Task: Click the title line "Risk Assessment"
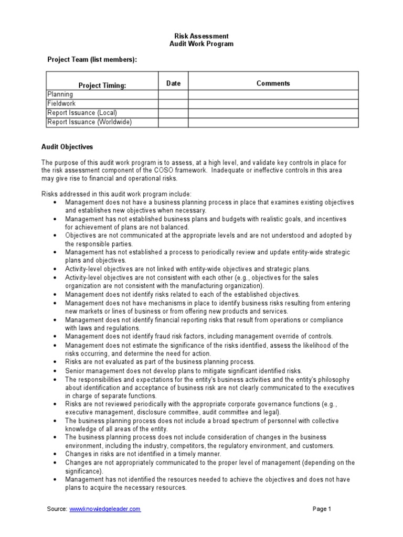(x=201, y=36)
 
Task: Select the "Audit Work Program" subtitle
(x=201, y=44)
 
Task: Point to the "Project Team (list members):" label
(x=92, y=60)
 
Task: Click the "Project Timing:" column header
(x=102, y=85)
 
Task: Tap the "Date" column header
(x=173, y=83)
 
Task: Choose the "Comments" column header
(x=273, y=83)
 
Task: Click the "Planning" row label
(x=60, y=94)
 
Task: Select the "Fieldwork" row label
(x=61, y=104)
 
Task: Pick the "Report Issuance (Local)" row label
(x=82, y=113)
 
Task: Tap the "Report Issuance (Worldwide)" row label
(x=89, y=122)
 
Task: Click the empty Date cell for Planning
(x=173, y=94)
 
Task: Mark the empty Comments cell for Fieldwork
(x=273, y=104)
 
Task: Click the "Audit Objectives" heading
(x=67, y=147)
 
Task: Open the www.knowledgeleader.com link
(x=105, y=509)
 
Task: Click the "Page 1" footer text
(x=322, y=509)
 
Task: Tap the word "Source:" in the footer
(x=57, y=509)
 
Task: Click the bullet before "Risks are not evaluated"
(x=55, y=362)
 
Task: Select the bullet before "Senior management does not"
(x=55, y=371)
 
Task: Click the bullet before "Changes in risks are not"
(x=55, y=454)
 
